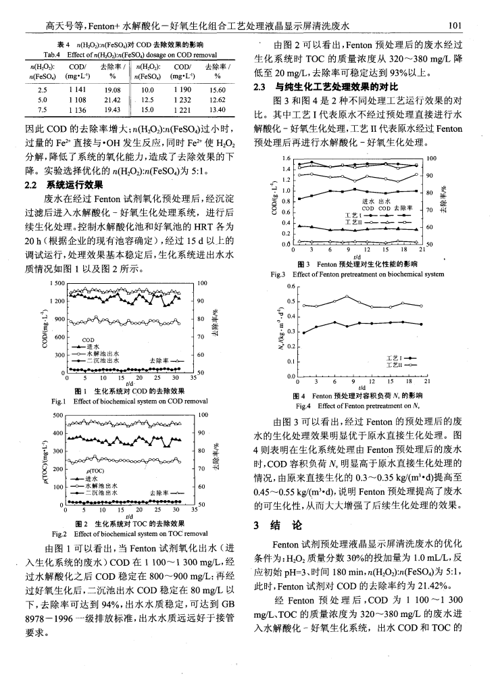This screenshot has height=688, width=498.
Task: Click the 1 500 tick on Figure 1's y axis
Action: (x=51, y=282)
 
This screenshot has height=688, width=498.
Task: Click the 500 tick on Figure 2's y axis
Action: (x=54, y=414)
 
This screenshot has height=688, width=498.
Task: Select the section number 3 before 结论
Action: (x=255, y=525)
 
